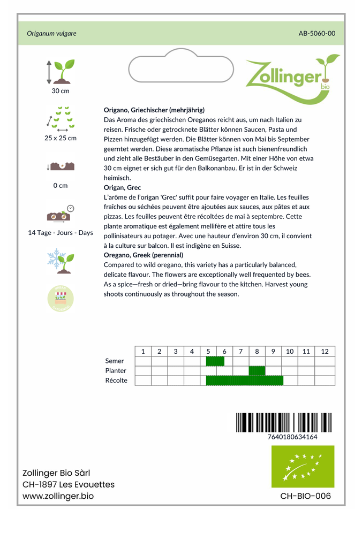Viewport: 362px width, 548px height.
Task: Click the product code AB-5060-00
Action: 316,33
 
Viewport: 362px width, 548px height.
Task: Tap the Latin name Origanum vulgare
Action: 51,33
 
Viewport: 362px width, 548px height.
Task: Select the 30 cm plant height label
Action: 60,91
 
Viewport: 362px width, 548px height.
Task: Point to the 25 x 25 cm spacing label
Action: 60,138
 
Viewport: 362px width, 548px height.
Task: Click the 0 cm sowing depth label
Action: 60,186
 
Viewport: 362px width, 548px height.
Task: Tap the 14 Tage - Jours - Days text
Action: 60,233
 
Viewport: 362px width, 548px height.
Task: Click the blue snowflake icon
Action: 54,258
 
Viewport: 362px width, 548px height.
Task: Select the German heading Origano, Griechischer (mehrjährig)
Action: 154,110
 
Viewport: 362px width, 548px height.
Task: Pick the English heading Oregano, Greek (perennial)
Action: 143,255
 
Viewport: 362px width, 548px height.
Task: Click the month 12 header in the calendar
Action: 325,351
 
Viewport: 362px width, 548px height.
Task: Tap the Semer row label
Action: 115,361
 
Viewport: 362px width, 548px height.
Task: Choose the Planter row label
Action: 116,371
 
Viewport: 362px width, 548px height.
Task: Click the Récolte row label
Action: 116,380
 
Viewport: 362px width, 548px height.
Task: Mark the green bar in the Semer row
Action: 215,361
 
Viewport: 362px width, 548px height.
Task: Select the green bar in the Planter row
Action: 257,371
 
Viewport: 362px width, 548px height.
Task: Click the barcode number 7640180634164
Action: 292,437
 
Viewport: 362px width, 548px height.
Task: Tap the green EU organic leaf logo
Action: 303,467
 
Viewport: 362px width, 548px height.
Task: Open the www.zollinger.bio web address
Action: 58,496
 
